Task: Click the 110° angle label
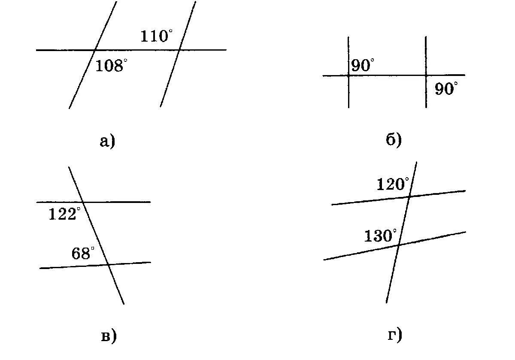(156, 36)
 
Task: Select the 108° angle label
(111, 66)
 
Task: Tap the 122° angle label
(64, 214)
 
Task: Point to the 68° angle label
(82, 254)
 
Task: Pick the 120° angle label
(393, 185)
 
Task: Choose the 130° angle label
(380, 236)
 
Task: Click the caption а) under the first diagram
(108, 141)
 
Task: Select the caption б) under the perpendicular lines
(394, 139)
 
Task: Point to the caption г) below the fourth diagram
(395, 335)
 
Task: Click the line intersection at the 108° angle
(95, 50)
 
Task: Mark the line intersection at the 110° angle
(179, 50)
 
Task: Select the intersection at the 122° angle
(82, 202)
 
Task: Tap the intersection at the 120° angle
(409, 197)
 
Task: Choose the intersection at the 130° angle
(399, 245)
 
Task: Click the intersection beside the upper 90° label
(348, 76)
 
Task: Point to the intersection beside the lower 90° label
(426, 76)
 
